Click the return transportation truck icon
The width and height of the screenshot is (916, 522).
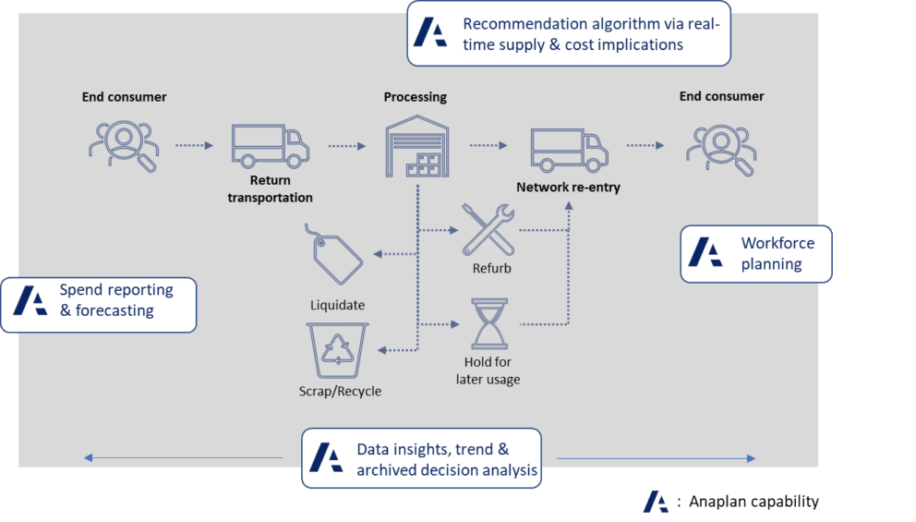[271, 147]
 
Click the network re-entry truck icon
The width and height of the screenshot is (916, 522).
[569, 151]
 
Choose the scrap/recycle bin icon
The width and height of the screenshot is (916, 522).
[340, 349]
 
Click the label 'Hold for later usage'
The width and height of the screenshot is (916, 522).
[488, 370]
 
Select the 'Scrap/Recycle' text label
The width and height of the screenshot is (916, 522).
[340, 391]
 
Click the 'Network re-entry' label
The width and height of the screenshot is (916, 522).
[568, 188]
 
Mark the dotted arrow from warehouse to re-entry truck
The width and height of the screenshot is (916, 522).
[488, 145]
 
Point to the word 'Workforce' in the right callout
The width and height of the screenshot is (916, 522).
[777, 243]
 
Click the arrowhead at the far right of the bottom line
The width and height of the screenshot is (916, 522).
[752, 458]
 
